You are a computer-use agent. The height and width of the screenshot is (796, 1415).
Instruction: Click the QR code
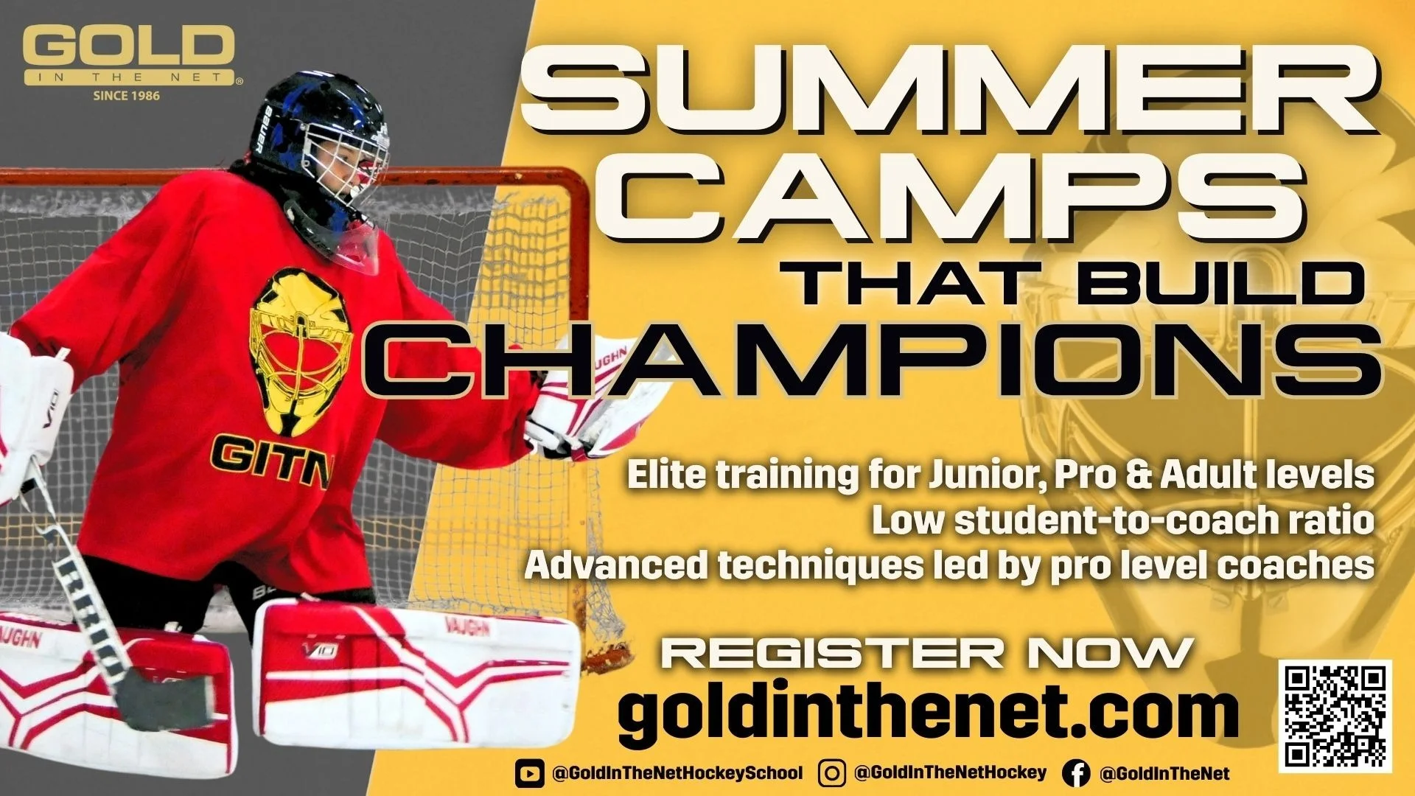(x=1335, y=716)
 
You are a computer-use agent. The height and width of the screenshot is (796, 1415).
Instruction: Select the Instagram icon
(x=831, y=773)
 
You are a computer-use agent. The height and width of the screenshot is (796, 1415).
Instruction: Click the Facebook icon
(x=1076, y=773)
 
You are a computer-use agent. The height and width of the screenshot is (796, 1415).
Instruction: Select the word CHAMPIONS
(x=873, y=361)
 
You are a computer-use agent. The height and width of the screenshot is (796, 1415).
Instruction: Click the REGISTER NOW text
(x=927, y=653)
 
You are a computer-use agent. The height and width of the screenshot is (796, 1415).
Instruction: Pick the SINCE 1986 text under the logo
(x=127, y=95)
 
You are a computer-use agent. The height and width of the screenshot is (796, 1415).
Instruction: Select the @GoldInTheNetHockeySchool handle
(x=677, y=773)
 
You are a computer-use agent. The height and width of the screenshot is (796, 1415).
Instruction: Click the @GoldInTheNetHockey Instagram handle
(x=950, y=772)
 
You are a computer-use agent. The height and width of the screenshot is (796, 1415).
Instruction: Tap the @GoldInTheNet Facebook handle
(x=1164, y=773)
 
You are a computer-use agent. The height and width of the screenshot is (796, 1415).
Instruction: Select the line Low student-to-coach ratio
(x=1123, y=520)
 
